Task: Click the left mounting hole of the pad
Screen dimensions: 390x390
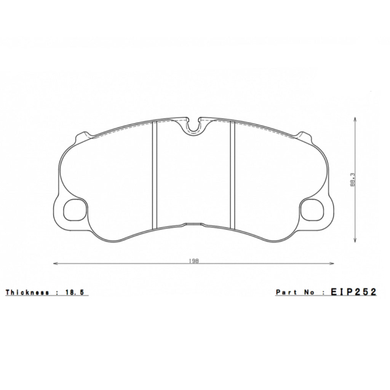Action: (75, 210)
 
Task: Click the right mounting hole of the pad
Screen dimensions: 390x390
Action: (312, 210)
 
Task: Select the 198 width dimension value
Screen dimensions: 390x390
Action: (193, 261)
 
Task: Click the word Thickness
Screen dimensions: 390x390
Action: (27, 292)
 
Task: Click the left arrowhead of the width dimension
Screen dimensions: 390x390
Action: (55, 263)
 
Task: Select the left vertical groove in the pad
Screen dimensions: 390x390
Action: (154, 175)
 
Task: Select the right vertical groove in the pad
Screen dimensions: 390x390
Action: (232, 175)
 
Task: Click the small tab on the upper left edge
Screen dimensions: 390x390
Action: (83, 136)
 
